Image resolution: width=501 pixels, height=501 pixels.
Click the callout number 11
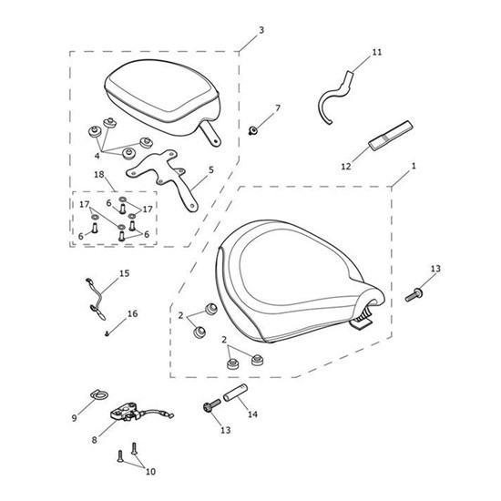(x=377, y=52)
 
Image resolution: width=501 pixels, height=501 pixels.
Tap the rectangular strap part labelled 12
(x=390, y=135)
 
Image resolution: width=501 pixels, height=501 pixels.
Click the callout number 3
(x=261, y=30)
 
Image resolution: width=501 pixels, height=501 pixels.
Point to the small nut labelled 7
(x=253, y=130)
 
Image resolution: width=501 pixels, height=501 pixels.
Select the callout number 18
(x=99, y=175)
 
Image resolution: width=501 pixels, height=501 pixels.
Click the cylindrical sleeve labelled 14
(x=235, y=393)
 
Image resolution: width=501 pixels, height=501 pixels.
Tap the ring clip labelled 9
(x=98, y=395)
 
